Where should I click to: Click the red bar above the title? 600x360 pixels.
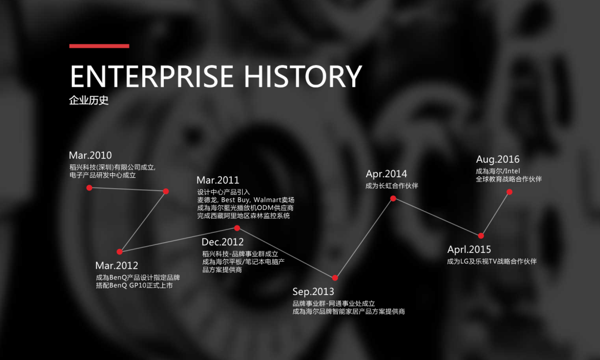tap(99, 46)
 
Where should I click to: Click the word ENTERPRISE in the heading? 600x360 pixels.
tap(152, 76)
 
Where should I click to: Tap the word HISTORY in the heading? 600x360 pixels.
tap(303, 76)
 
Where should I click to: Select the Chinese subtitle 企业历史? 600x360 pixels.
tap(89, 100)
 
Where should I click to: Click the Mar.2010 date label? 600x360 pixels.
tap(91, 156)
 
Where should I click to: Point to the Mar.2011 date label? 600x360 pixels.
tap(218, 180)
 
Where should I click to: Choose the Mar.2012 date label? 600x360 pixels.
tap(117, 266)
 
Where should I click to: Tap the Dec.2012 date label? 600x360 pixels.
tap(223, 242)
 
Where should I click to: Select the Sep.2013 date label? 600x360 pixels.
tap(313, 292)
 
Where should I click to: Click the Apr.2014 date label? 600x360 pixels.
tap(387, 174)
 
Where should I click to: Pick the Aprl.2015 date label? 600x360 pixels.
tap(469, 249)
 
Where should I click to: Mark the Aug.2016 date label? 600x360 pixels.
tap(498, 159)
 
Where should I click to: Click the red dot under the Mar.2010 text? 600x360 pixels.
tap(89, 188)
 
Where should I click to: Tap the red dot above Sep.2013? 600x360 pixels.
tap(335, 278)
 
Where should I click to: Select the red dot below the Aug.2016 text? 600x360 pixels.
tap(509, 192)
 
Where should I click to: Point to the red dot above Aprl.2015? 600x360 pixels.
tap(481, 236)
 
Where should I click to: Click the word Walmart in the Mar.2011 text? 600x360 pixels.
tap(267, 199)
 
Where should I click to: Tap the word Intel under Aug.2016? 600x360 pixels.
tap(512, 171)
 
